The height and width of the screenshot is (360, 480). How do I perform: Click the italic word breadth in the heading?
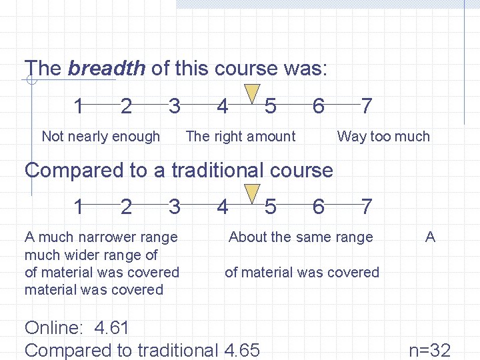tap(107, 68)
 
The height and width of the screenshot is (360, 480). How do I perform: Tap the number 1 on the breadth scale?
tap(79, 105)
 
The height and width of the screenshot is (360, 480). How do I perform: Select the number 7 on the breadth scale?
tap(366, 105)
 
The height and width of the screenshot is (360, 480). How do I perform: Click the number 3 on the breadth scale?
tap(174, 105)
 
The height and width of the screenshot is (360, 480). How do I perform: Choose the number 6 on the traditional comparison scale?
tap(318, 207)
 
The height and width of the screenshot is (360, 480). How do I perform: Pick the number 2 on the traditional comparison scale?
tap(126, 207)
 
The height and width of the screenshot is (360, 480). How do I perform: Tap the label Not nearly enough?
tap(101, 137)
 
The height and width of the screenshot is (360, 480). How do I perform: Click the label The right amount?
tap(240, 137)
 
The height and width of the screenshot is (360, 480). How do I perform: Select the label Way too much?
tap(383, 137)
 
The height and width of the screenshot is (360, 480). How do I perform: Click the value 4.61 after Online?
tap(112, 328)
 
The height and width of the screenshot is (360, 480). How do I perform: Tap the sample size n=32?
tap(429, 350)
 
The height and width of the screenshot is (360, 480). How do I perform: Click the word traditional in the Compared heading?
tap(219, 170)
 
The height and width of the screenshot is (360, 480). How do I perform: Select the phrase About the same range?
tap(301, 237)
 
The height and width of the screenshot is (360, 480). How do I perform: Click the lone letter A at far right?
tap(430, 237)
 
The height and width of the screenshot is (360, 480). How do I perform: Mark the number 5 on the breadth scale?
tap(270, 105)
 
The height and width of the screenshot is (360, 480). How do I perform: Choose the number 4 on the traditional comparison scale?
tap(223, 207)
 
